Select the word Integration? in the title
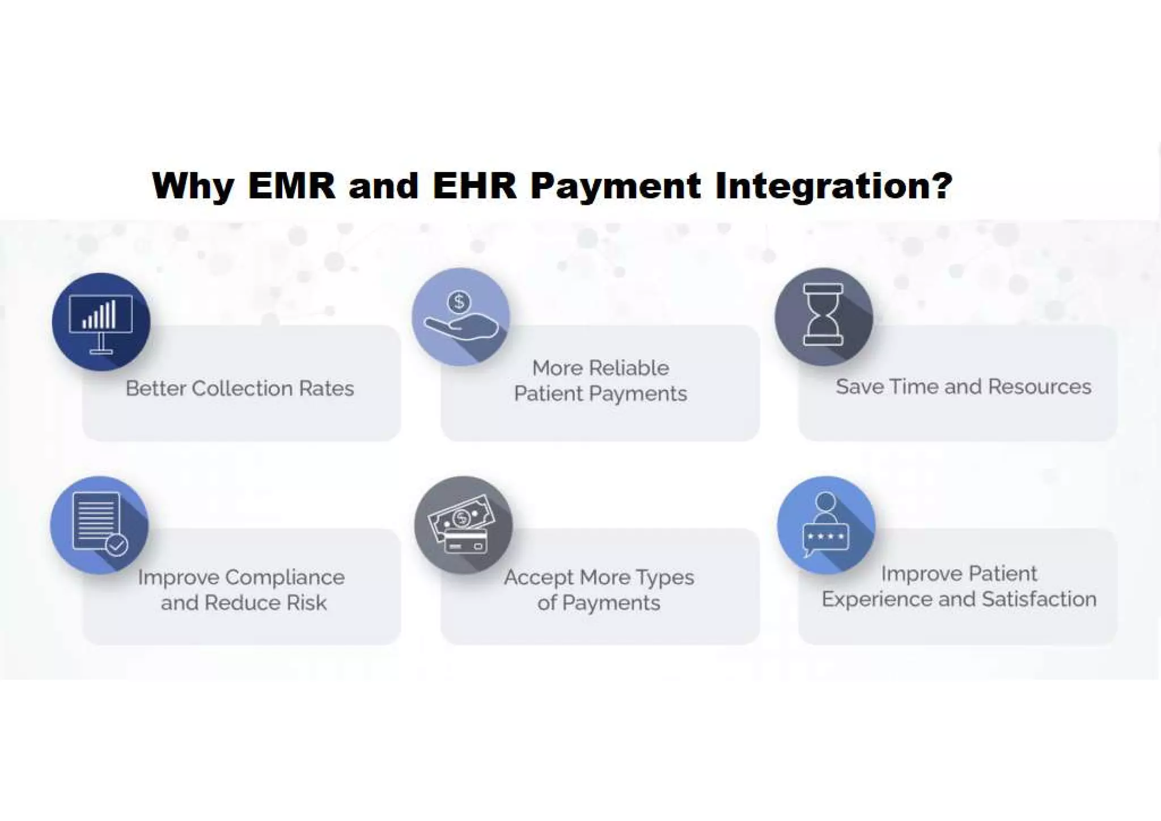tap(833, 186)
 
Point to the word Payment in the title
tap(615, 186)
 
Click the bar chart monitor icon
tap(101, 322)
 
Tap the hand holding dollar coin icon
tap(460, 317)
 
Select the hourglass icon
tap(823, 315)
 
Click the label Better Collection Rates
tap(240, 389)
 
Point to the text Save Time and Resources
tap(963, 386)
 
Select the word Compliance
tap(285, 578)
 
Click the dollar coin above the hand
tap(459, 301)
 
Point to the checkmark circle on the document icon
tap(117, 545)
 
